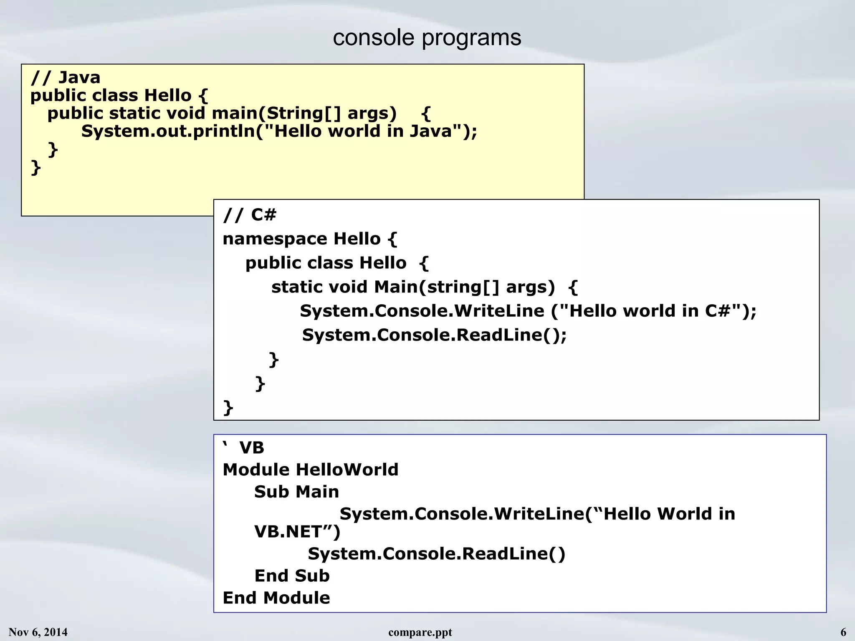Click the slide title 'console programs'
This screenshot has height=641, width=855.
427,38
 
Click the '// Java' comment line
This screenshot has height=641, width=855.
66,78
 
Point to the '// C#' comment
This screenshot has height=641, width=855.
250,215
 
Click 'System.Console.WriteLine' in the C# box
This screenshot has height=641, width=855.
422,311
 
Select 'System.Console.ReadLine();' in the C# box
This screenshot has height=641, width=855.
434,335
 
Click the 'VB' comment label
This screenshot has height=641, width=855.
251,448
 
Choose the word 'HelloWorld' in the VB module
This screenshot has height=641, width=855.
347,470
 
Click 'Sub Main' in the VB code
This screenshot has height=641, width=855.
296,492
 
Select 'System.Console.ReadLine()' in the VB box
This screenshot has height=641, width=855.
436,554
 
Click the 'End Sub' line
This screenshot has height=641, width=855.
292,576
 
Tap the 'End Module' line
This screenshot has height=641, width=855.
276,598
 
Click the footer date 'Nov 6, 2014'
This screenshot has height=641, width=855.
38,632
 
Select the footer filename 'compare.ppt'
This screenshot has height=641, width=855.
420,633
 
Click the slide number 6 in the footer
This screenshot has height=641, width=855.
843,632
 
